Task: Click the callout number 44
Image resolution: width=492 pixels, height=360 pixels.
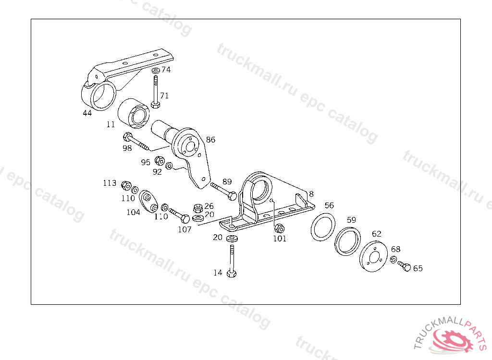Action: (87, 113)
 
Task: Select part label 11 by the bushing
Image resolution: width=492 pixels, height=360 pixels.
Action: (111, 124)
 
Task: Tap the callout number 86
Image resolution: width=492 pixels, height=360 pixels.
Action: (210, 140)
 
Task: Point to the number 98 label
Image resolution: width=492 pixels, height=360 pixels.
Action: (127, 148)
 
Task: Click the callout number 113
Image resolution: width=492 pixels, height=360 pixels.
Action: (110, 183)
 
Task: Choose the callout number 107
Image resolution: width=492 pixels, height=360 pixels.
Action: (184, 229)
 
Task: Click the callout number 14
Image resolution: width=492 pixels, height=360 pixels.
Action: (218, 273)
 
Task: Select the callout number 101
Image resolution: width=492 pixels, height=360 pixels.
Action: (280, 239)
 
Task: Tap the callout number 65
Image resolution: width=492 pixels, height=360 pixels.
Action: (418, 268)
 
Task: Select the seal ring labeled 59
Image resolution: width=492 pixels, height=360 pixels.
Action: (347, 241)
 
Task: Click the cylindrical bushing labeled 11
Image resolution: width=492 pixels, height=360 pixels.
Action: (135, 114)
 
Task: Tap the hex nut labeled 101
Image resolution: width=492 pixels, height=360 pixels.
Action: (279, 228)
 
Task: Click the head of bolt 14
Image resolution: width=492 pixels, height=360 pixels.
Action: (232, 274)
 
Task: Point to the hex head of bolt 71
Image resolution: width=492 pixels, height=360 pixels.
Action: (155, 104)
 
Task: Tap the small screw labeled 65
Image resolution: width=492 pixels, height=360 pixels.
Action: (404, 266)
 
